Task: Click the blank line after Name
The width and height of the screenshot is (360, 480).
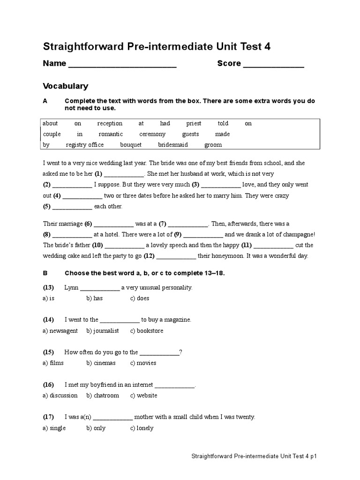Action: pyautogui.click(x=122, y=65)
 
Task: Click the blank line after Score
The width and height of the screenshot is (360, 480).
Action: pyautogui.click(x=273, y=65)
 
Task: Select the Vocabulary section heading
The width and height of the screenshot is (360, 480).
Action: pyautogui.click(x=66, y=86)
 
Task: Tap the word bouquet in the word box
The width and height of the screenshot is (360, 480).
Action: pyautogui.click(x=131, y=145)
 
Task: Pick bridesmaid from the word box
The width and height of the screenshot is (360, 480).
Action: pyautogui.click(x=173, y=145)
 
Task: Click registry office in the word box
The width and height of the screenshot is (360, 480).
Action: pyautogui.click(x=85, y=145)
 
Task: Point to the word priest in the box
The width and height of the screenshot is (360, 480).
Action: pyautogui.click(x=194, y=124)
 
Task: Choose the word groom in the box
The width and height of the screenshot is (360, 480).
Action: pyautogui.click(x=213, y=145)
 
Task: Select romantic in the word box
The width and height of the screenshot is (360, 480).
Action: pyautogui.click(x=111, y=134)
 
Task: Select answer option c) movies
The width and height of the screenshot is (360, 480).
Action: pyautogui.click(x=143, y=363)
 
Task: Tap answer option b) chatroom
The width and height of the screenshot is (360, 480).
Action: pyautogui.click(x=103, y=396)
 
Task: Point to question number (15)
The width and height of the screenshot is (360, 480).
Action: pyautogui.click(x=49, y=352)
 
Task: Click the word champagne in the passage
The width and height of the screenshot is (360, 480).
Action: pyautogui.click(x=296, y=235)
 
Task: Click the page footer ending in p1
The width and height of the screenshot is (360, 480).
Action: pyautogui.click(x=257, y=456)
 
